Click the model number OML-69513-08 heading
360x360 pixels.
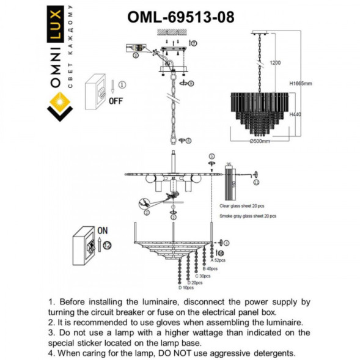[x=180, y=17]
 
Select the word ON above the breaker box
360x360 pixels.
[x=102, y=232]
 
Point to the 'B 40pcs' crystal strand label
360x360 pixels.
[x=210, y=268]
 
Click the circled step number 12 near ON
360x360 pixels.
[x=108, y=245]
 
